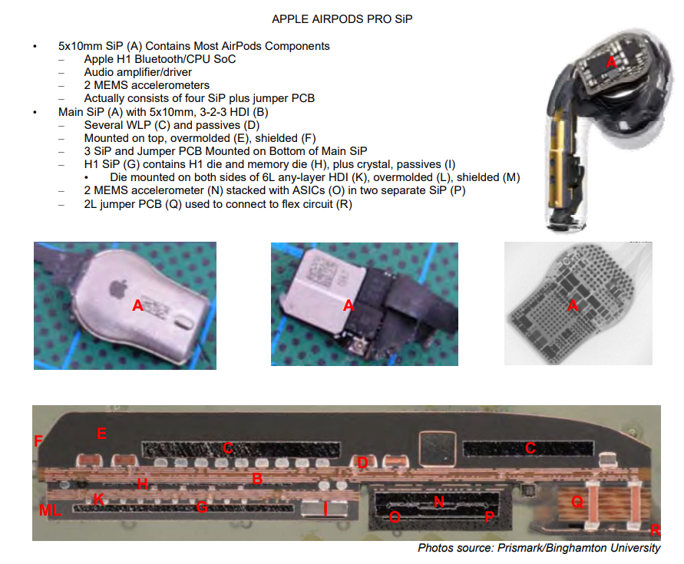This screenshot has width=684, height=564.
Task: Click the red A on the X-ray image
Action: [x=572, y=305]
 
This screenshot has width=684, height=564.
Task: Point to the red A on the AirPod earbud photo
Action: [x=611, y=62]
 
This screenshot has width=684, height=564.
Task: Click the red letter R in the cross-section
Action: [x=655, y=529]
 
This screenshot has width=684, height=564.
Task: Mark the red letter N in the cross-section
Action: [x=439, y=502]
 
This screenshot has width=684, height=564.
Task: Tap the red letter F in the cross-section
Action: [x=38, y=440]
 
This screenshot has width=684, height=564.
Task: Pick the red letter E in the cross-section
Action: [x=101, y=434]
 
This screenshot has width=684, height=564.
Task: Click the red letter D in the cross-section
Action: [x=363, y=463]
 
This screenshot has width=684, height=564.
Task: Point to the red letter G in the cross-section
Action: [x=202, y=507]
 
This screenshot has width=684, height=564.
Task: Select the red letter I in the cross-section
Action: [x=325, y=507]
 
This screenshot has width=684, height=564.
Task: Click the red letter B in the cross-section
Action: [x=258, y=480]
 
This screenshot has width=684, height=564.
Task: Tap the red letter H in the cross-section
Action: [x=141, y=483]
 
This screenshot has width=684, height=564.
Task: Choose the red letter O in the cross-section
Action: [x=394, y=517]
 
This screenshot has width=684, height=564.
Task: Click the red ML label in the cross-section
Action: [x=48, y=510]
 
